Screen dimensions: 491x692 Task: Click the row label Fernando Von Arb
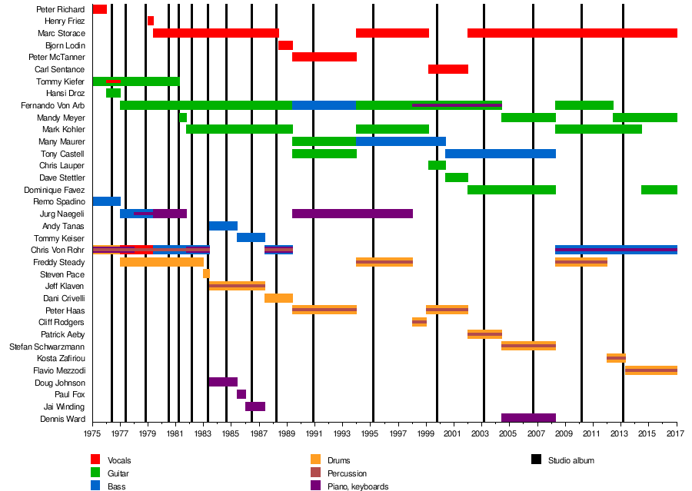pos(52,105)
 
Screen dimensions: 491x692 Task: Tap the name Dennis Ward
pos(62,419)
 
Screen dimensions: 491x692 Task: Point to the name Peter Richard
pos(61,9)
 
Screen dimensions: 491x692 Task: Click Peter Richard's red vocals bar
pos(99,9)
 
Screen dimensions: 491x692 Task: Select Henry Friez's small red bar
pos(151,21)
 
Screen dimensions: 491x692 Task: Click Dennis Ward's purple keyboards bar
pos(528,418)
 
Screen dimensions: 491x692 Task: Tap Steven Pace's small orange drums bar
pos(206,274)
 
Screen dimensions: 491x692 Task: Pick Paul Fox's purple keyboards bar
pos(241,394)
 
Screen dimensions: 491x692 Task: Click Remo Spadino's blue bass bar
pos(106,201)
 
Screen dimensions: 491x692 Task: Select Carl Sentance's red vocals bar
pos(448,69)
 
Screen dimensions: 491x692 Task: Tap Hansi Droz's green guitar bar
pos(113,93)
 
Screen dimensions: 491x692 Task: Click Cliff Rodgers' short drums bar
pos(419,322)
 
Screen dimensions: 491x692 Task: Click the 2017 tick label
pos(677,433)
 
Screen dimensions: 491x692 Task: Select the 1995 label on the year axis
pos(373,433)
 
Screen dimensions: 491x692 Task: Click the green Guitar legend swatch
pos(95,473)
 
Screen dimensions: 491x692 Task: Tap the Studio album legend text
pos(571,460)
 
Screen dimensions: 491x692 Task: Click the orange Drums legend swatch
pos(314,460)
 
